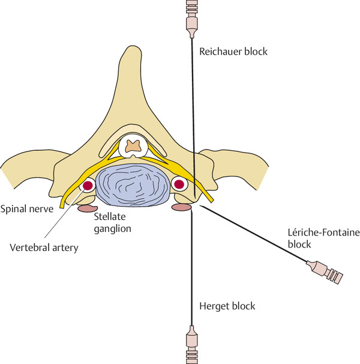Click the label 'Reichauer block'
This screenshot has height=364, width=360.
tap(233, 52)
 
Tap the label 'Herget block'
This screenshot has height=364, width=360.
tap(226, 306)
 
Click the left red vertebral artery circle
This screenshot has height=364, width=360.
tap(88, 186)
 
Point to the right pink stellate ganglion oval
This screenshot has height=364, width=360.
tap(182, 208)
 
